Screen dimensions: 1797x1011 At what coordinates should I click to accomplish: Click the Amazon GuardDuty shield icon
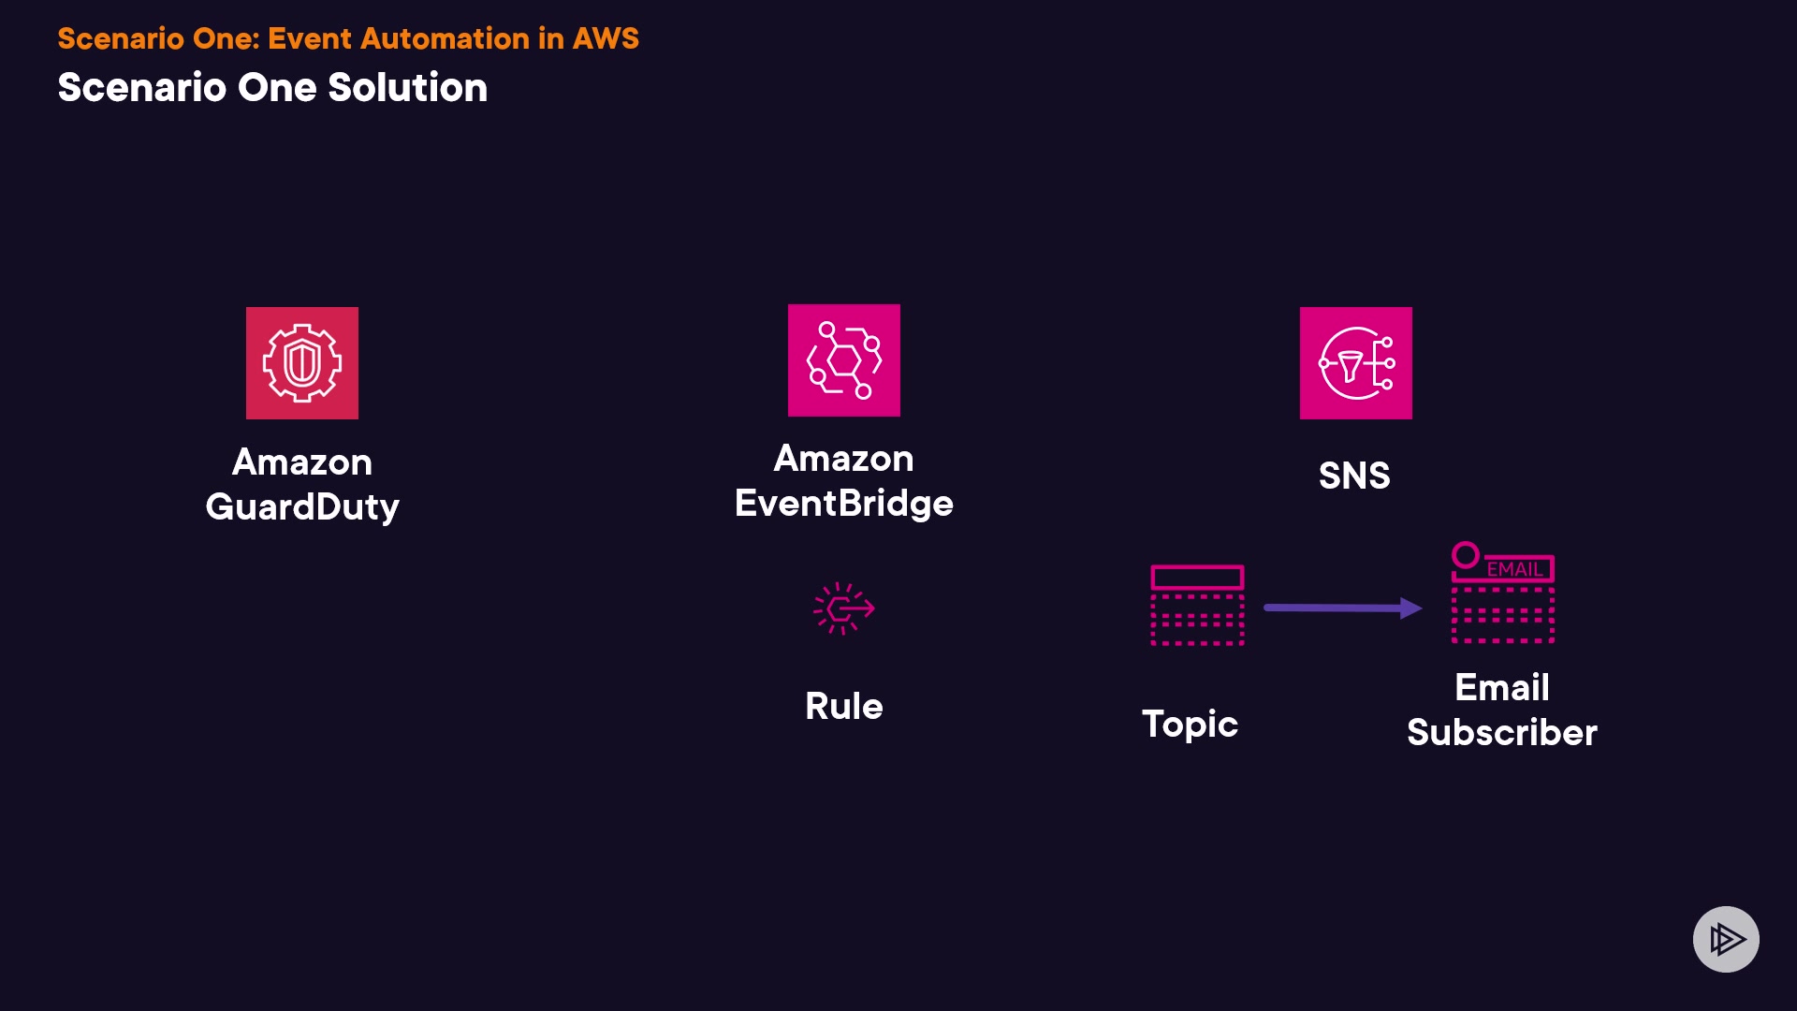(302, 363)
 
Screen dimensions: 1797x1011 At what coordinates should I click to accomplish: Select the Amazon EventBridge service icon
(844, 360)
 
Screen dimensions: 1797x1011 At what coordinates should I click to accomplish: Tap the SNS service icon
(1356, 363)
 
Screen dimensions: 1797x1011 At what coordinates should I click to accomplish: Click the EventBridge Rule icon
(844, 608)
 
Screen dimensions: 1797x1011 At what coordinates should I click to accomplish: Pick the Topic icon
(1197, 605)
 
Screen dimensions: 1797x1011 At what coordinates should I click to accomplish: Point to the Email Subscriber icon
(1503, 593)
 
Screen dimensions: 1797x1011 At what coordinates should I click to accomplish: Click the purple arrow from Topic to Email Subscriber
(1343, 608)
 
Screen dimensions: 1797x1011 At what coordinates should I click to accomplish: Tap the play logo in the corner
(1726, 939)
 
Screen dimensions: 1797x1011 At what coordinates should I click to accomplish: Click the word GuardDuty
(302, 507)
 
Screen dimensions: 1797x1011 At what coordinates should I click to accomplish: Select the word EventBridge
(844, 504)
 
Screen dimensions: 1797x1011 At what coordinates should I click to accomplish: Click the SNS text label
(1354, 476)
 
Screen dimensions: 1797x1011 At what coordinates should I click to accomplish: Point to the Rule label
(844, 706)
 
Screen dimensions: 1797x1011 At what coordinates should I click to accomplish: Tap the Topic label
(1190, 725)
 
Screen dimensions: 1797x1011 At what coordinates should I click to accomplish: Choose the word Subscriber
(1502, 732)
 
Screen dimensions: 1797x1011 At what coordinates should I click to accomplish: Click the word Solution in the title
(408, 87)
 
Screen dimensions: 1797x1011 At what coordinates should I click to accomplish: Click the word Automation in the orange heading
(446, 38)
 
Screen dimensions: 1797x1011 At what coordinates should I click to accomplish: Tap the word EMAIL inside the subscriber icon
(1514, 569)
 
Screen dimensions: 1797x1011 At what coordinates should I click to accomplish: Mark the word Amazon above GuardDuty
(302, 462)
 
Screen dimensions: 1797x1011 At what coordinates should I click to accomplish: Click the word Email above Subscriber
(1502, 687)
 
